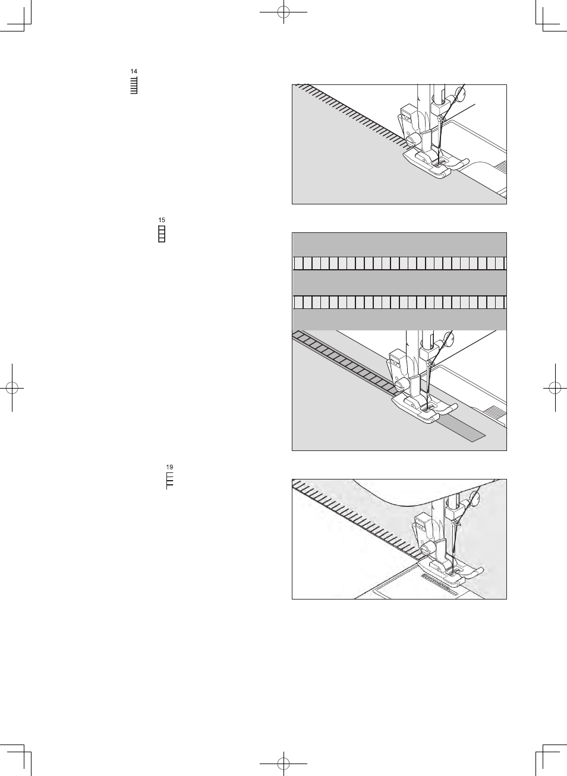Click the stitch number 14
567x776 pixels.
(x=134, y=71)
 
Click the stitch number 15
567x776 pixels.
(x=162, y=220)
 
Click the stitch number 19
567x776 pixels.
(x=169, y=467)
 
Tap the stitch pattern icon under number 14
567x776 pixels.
(x=134, y=85)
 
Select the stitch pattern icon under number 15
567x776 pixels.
(x=162, y=234)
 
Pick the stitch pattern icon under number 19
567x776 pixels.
(x=169, y=481)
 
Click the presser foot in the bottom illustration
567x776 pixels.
(x=450, y=572)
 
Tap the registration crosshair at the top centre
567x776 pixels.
(x=283, y=12)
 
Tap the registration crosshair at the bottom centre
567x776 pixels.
(x=283, y=764)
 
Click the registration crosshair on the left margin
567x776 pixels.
(x=12, y=388)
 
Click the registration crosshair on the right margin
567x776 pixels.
(x=555, y=388)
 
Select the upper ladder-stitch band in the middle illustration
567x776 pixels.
(x=399, y=263)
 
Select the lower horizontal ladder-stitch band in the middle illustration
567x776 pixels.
(x=399, y=302)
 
